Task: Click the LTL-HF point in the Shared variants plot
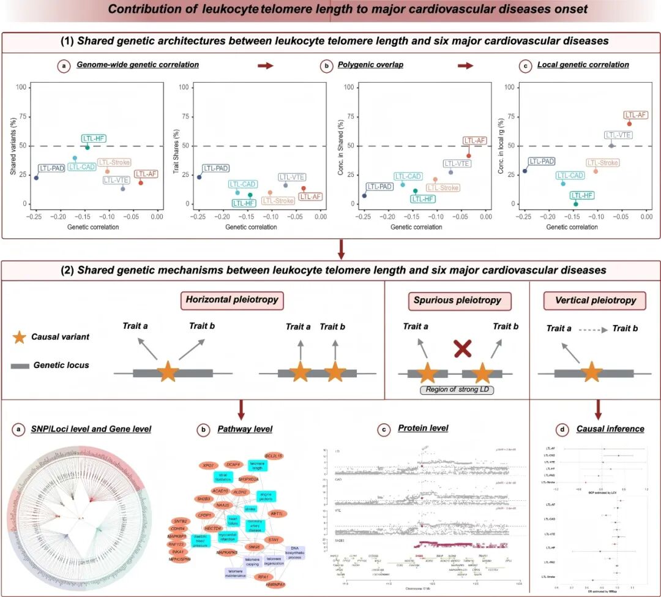click(88, 148)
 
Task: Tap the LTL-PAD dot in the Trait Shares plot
click(200, 177)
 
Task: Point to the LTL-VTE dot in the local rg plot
click(611, 146)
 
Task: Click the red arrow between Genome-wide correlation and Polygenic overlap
click(265, 65)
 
